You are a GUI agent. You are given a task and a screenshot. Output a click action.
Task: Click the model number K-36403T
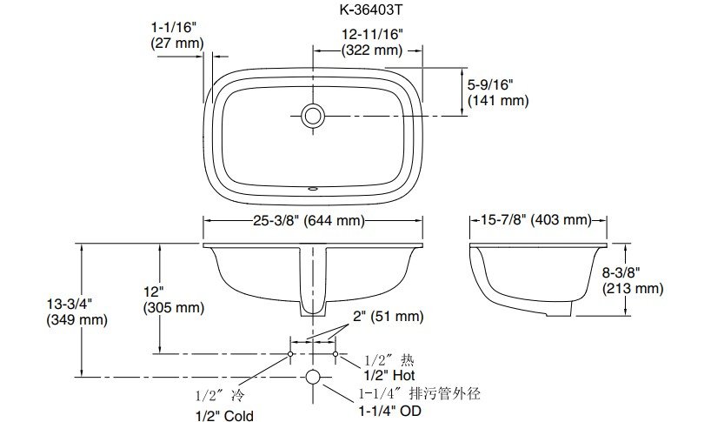pyautogui.click(x=370, y=10)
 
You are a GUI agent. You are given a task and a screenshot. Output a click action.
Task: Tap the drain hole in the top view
pyautogui.click(x=313, y=116)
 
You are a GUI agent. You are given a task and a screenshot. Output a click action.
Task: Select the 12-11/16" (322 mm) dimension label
pyautogui.click(x=372, y=42)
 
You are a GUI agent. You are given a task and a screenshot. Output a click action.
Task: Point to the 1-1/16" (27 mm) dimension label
pyautogui.click(x=177, y=36)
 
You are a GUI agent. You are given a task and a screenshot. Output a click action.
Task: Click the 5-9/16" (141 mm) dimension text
pyautogui.click(x=498, y=92)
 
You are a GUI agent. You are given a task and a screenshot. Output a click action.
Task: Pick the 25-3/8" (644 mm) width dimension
pyautogui.click(x=309, y=220)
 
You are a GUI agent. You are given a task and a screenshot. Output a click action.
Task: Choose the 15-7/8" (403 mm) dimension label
pyautogui.click(x=536, y=220)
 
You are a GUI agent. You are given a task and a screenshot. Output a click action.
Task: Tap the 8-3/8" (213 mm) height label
pyautogui.click(x=633, y=280)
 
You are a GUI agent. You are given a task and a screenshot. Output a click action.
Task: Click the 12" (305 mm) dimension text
pyautogui.click(x=174, y=299)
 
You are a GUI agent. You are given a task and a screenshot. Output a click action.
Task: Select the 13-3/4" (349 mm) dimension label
pyautogui.click(x=76, y=311)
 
